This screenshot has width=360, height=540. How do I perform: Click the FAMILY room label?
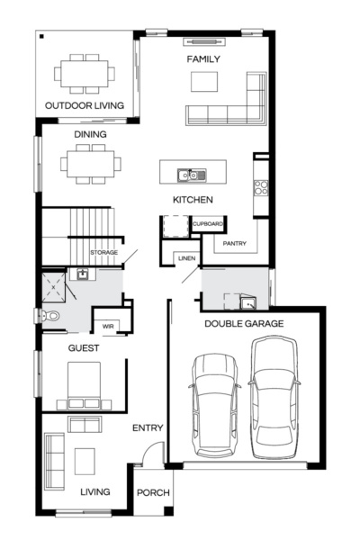(203, 58)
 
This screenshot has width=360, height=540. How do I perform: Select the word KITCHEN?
(193, 199)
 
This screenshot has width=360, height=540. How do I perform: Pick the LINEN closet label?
(186, 258)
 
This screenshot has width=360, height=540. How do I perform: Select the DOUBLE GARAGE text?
(244, 323)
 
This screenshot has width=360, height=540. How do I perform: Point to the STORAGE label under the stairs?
(103, 254)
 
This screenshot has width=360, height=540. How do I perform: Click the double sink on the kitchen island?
(192, 175)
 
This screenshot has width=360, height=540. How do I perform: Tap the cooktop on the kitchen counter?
(261, 188)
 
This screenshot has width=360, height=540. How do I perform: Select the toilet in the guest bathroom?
(50, 316)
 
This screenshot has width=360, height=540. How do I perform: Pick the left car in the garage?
(214, 401)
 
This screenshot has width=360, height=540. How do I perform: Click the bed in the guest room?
(85, 383)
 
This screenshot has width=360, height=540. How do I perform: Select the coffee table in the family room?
(204, 81)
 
